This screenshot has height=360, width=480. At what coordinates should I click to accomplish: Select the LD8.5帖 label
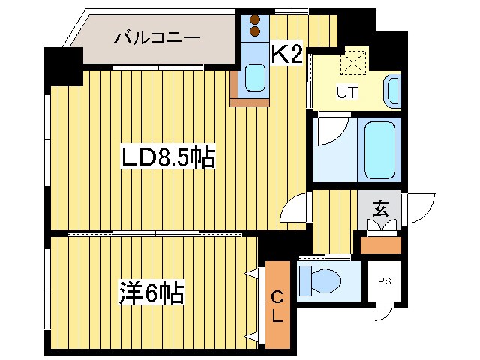(169, 157)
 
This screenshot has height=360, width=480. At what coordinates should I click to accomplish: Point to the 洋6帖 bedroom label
(151, 291)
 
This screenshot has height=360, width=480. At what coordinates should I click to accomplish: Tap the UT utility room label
(346, 93)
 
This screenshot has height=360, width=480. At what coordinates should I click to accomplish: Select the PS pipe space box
(383, 282)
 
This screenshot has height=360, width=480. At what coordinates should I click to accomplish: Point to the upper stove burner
(255, 20)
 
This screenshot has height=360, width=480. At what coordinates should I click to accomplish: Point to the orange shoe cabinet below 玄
(380, 244)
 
